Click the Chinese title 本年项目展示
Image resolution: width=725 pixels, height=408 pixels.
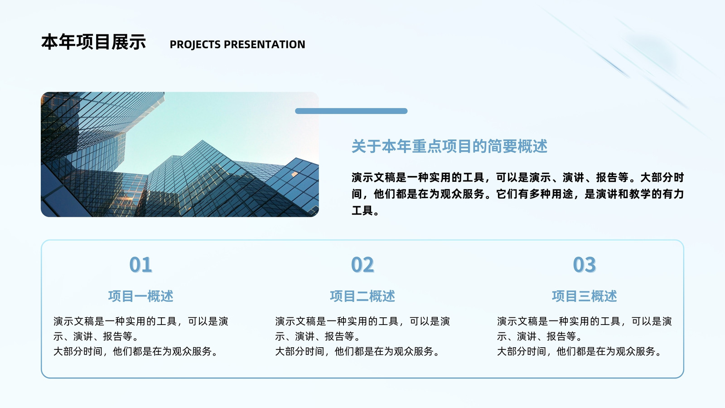(x=93, y=42)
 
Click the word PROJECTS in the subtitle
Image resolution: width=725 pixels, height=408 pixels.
(x=195, y=44)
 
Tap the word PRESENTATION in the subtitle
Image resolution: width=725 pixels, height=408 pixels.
(x=265, y=44)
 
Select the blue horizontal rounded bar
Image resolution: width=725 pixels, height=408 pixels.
(x=351, y=111)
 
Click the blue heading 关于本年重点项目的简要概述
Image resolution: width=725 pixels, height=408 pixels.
(x=449, y=146)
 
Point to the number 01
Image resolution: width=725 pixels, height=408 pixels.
(x=140, y=265)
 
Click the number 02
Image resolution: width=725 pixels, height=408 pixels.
(x=362, y=265)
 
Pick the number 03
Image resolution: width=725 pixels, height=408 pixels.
(x=584, y=265)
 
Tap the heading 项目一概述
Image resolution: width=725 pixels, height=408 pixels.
(x=141, y=296)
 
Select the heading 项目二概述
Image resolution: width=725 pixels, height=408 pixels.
(x=362, y=296)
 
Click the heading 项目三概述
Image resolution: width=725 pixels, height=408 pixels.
(x=584, y=296)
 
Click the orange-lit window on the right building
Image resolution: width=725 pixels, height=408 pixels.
(x=295, y=174)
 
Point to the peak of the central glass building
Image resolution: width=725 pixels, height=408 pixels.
(x=203, y=141)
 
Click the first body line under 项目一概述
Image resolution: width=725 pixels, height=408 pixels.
(x=141, y=321)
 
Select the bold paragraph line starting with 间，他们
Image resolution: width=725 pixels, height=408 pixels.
(x=517, y=194)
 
